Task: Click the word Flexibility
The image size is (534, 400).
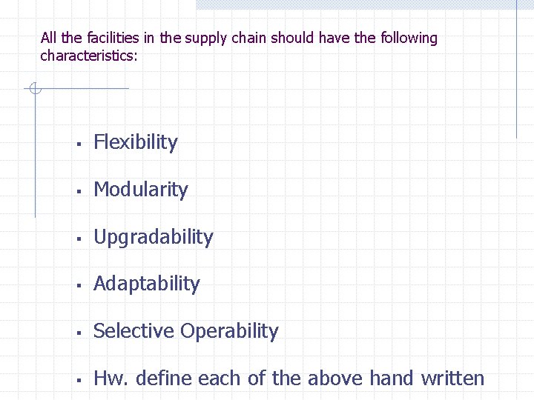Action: [x=136, y=142]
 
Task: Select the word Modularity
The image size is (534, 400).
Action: [x=141, y=190]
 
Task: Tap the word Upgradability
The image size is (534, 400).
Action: [x=154, y=237]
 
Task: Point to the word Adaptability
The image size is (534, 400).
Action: [x=147, y=284]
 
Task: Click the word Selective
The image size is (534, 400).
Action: [x=133, y=331]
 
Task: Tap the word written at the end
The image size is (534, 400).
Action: [x=452, y=379]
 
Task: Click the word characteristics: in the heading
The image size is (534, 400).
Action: [x=89, y=56]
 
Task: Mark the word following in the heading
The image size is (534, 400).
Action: [x=409, y=38]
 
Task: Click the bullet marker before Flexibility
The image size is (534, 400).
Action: [x=78, y=144]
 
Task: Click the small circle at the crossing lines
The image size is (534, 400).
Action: [x=34, y=89]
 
